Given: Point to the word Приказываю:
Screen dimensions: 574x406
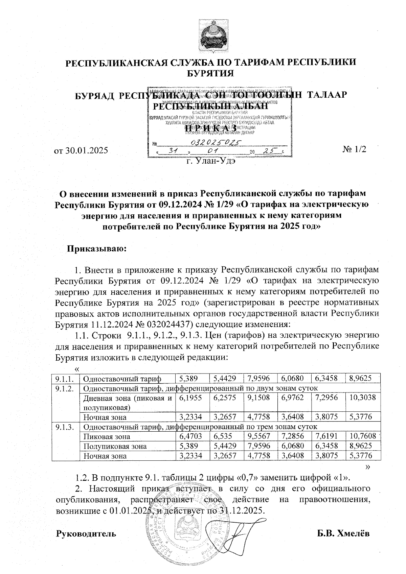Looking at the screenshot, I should [97, 249].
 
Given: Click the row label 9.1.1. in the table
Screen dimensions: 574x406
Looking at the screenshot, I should [65, 379].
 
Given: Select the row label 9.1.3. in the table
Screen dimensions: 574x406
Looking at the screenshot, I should [65, 427].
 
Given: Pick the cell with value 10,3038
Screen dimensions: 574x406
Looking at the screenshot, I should [362, 398].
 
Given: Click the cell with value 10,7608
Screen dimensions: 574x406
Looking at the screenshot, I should [362, 437].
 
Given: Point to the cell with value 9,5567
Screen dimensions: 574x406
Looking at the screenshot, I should [259, 437].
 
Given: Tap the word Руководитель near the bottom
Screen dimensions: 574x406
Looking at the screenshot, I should [86, 534].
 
